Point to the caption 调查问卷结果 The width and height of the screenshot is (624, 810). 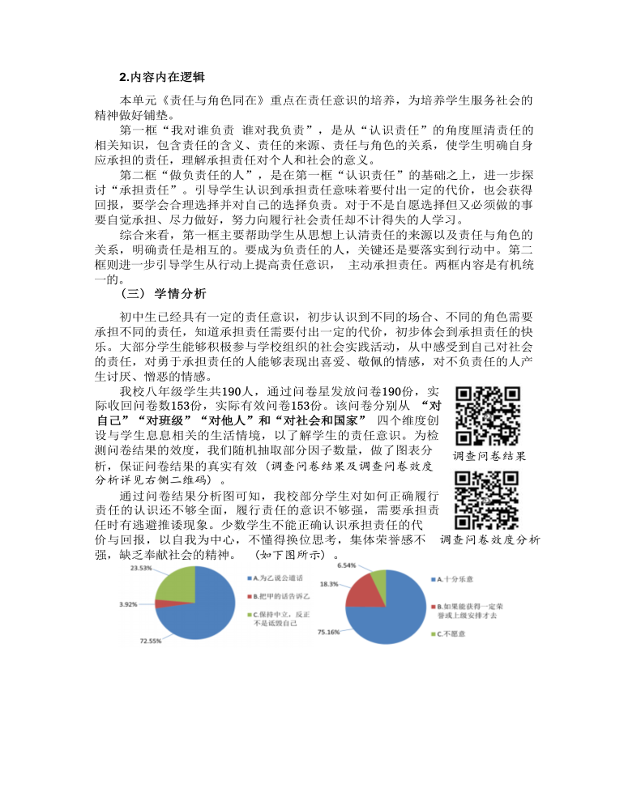(489, 456)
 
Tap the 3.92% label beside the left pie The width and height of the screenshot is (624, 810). (128, 604)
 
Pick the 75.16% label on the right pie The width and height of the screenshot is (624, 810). (328, 631)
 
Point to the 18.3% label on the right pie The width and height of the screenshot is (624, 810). (329, 583)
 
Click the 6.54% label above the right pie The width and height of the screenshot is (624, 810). (347, 567)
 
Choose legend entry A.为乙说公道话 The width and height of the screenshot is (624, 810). (276, 578)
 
